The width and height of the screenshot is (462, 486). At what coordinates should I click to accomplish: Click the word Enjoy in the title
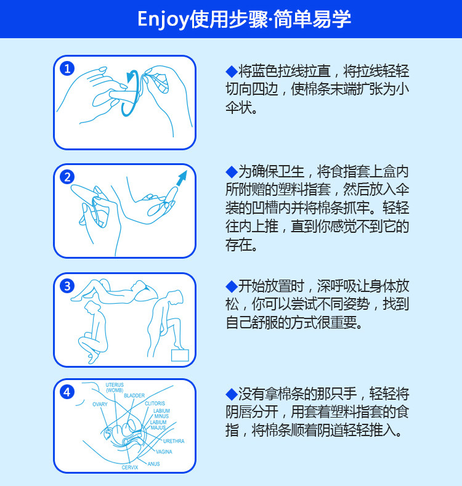pyautogui.click(x=163, y=19)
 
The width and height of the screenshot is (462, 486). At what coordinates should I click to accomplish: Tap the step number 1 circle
pyautogui.click(x=67, y=68)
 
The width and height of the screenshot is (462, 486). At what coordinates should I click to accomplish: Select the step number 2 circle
pyautogui.click(x=67, y=177)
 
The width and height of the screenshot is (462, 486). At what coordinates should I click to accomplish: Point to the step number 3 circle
pyautogui.click(x=67, y=286)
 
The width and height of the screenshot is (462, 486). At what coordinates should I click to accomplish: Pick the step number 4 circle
pyautogui.click(x=67, y=392)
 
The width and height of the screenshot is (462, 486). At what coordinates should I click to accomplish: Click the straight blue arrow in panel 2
pyautogui.click(x=182, y=178)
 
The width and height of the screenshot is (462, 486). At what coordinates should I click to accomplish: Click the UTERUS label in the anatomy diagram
pyautogui.click(x=115, y=385)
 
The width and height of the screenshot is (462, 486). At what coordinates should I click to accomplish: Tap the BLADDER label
pyautogui.click(x=134, y=395)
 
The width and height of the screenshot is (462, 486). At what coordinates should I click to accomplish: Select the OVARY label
pyautogui.click(x=100, y=404)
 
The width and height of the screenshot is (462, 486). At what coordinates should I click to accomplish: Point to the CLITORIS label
pyautogui.click(x=155, y=403)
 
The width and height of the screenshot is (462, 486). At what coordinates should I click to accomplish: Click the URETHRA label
pyautogui.click(x=174, y=441)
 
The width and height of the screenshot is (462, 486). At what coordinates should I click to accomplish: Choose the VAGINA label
pyautogui.click(x=164, y=452)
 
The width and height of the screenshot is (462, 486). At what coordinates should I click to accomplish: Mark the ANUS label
pyautogui.click(x=154, y=464)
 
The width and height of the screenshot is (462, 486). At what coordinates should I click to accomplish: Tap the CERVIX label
pyautogui.click(x=130, y=468)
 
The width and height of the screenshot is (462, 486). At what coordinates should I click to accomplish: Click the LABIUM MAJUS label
pyautogui.click(x=158, y=425)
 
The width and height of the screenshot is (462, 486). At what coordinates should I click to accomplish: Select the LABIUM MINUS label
pyautogui.click(x=161, y=413)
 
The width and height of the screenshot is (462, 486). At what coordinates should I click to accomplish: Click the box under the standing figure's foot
pyautogui.click(x=180, y=355)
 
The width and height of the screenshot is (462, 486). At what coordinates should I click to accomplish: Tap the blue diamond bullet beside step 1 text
pyautogui.click(x=232, y=71)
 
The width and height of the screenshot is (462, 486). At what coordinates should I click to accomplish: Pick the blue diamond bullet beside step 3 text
pyautogui.click(x=232, y=286)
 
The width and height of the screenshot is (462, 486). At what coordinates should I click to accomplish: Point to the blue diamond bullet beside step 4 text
pyautogui.click(x=232, y=394)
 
